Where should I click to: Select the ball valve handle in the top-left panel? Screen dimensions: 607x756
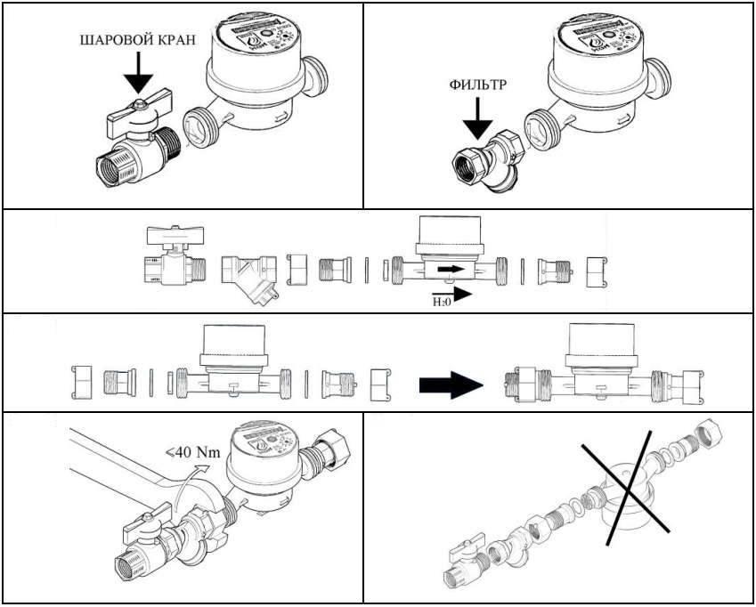pos(131,115)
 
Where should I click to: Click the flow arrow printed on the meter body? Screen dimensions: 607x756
pos(451,267)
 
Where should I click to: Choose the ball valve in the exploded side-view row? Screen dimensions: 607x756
pos(173,257)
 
